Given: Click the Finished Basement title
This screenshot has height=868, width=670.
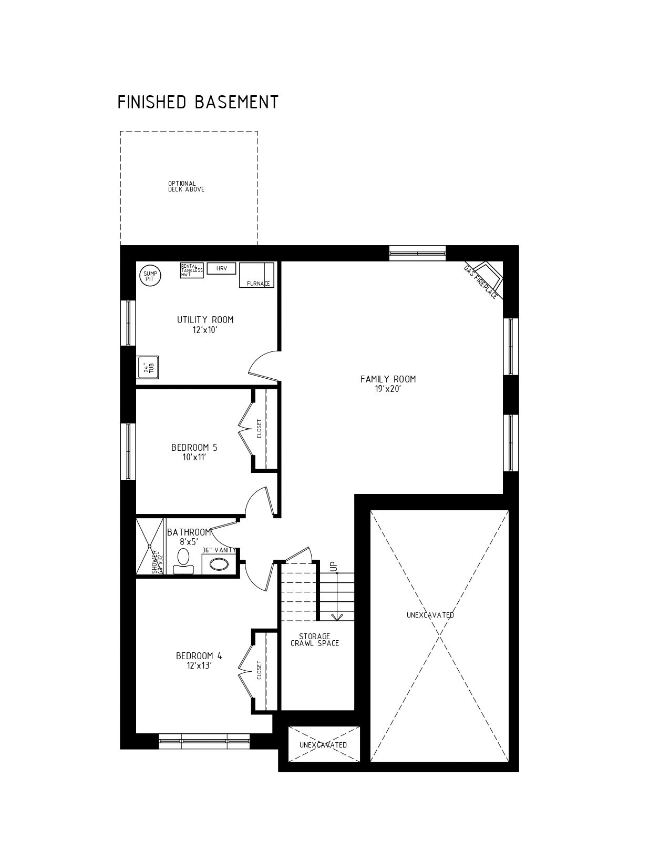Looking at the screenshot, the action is pos(198,102).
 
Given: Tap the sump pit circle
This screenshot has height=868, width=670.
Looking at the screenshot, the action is pos(150,276).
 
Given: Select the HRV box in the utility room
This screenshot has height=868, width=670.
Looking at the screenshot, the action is pos(221,268).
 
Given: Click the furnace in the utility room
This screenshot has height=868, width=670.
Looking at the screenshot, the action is pos(256,275).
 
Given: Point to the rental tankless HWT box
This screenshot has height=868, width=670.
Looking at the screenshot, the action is pos(192,270).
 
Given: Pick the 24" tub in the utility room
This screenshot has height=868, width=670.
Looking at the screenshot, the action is pos(148,367).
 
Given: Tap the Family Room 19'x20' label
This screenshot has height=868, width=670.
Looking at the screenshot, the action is pos(388,384).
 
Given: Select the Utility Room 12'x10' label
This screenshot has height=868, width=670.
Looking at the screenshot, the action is pos(205,325).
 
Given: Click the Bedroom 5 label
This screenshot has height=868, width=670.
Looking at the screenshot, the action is pos(194,452).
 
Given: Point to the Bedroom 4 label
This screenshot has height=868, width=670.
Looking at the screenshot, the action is pos(199,661).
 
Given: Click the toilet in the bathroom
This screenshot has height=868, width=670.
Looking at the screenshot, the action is pos(183,561).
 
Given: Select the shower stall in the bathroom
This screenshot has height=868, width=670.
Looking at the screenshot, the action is pos(150,547).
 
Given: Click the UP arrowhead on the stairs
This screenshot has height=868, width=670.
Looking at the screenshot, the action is pos(337,617).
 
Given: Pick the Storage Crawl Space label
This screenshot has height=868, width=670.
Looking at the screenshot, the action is pos(314,640).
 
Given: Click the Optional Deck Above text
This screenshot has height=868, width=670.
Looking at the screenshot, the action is pos(186,187).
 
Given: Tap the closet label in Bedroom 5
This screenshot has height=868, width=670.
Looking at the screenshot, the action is pos(260,428).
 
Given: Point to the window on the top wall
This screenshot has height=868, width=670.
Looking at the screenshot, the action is pos(417,253).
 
